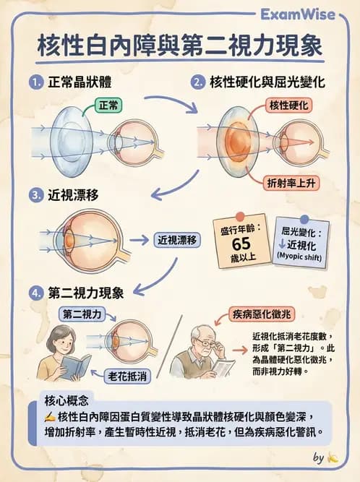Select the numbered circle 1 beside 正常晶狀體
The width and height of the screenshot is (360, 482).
pyautogui.click(x=35, y=82)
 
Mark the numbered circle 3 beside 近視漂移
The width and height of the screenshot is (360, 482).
pyautogui.click(x=35, y=195)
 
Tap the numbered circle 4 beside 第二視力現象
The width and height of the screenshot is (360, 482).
pyautogui.click(x=35, y=293)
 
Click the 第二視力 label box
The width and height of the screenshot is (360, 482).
pyautogui.click(x=85, y=314)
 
